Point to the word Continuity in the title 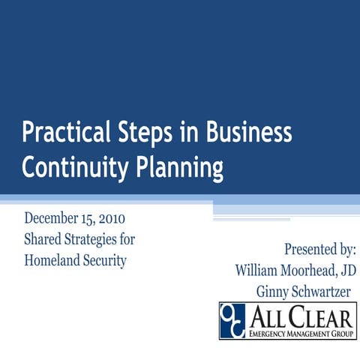(x=65, y=167)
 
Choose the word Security (x=106, y=261)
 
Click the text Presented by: (x=319, y=249)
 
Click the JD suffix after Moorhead (x=347, y=270)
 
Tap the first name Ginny (x=271, y=291)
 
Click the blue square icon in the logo (x=232, y=319)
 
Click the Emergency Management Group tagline (x=300, y=332)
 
